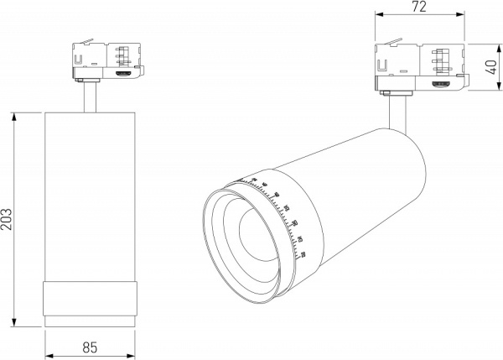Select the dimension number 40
pos(491,63)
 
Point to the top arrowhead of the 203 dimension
pos(15,114)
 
